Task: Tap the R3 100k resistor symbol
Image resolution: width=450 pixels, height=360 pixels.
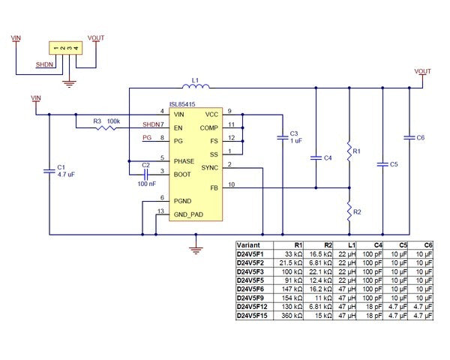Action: pyautogui.click(x=106, y=128)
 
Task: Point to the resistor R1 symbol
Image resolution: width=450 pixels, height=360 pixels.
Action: pyautogui.click(x=349, y=151)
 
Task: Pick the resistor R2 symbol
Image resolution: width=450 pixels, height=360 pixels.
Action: pyautogui.click(x=349, y=211)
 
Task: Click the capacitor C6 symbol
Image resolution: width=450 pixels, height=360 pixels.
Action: pyautogui.click(x=409, y=138)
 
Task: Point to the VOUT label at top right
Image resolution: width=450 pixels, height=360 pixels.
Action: pyautogui.click(x=423, y=71)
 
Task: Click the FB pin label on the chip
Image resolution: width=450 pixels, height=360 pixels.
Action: pyautogui.click(x=214, y=187)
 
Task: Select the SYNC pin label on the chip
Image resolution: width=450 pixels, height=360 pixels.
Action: pyautogui.click(x=209, y=167)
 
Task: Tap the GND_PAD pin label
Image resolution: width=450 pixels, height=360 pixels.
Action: pyautogui.click(x=188, y=214)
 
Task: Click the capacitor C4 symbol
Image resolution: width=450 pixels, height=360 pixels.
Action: pyautogui.click(x=316, y=158)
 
